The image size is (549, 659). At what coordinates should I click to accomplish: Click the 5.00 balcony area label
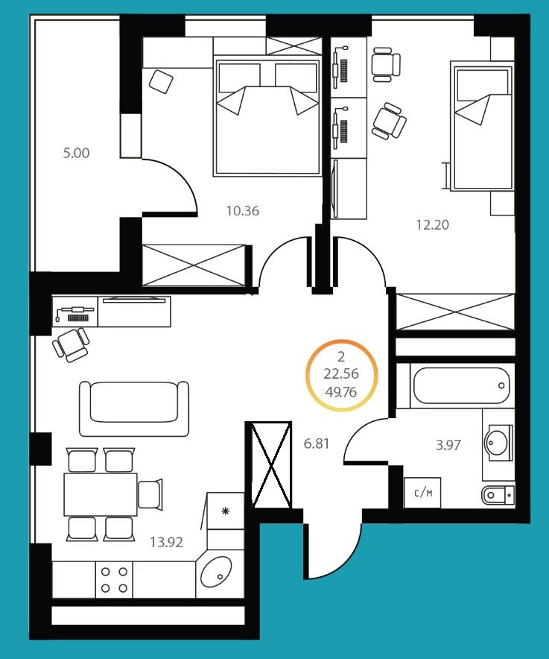click(x=76, y=153)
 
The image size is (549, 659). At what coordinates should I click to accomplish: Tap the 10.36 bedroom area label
click(x=243, y=210)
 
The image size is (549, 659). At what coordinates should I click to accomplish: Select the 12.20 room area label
click(x=433, y=225)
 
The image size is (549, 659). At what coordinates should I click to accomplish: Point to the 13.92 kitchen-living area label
click(x=166, y=542)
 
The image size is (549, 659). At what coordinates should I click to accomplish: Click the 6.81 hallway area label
click(x=317, y=444)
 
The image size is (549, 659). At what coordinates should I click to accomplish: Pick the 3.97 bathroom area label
click(x=448, y=444)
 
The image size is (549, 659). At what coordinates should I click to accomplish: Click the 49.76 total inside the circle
click(x=341, y=392)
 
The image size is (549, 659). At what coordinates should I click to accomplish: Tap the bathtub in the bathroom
click(x=461, y=385)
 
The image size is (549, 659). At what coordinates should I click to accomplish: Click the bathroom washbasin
click(x=498, y=443)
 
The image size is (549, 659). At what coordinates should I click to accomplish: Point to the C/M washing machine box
click(x=422, y=493)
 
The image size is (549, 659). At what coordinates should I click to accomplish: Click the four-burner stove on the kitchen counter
click(x=114, y=579)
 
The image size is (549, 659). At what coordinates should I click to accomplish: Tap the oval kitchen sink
click(x=216, y=572)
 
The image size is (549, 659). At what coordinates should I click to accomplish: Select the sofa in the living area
click(x=134, y=409)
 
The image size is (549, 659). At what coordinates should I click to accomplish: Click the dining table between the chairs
click(x=101, y=494)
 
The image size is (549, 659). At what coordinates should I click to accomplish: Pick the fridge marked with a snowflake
click(x=226, y=511)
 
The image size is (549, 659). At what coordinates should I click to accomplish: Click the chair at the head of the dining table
click(x=150, y=494)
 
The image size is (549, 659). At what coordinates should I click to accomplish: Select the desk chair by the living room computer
click(x=71, y=344)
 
